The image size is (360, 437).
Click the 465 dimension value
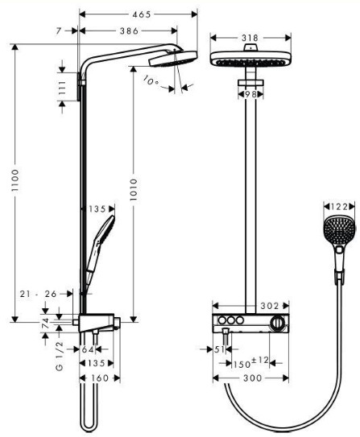point(142,14)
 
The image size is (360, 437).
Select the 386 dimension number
point(129,31)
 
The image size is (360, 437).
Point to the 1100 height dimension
point(15,180)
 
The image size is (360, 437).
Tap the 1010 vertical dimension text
point(134,189)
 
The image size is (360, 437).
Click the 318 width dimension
point(250,38)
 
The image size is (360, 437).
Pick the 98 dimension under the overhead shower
point(250,94)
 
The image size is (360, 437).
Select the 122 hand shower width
point(339,207)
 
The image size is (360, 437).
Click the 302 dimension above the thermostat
point(270,306)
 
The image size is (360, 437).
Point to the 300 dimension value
point(253,378)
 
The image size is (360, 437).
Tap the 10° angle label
point(151,80)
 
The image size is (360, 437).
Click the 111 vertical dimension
point(62,88)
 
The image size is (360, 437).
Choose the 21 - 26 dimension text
point(38,294)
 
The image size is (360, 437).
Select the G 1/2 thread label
point(60,356)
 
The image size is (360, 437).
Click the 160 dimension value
point(100,378)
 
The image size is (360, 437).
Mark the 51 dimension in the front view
point(219,349)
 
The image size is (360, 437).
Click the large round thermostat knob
point(277,324)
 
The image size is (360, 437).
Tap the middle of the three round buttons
point(231,320)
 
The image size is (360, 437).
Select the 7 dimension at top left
point(58,31)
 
